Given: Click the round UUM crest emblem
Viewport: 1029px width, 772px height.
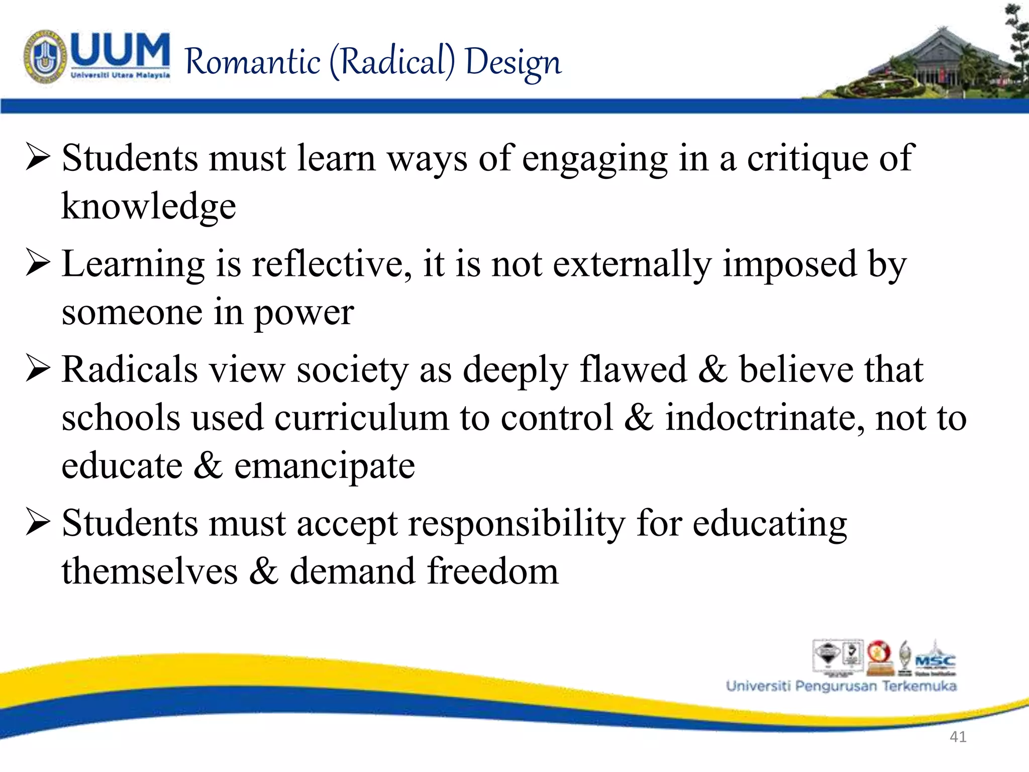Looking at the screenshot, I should [x=45, y=56].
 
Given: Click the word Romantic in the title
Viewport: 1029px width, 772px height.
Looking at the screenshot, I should [x=253, y=62].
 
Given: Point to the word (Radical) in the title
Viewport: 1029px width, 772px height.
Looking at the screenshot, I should [x=392, y=62].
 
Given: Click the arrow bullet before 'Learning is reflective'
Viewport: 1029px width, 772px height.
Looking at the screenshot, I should [x=38, y=263].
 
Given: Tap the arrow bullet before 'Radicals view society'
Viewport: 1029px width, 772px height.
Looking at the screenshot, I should [x=38, y=369].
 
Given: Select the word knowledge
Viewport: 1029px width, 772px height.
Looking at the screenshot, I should [x=149, y=206].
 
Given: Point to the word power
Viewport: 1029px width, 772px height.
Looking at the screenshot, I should [x=303, y=313].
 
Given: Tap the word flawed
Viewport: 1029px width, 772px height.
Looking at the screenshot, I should [x=633, y=369].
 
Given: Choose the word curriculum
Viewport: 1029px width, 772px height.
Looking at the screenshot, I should [x=361, y=418].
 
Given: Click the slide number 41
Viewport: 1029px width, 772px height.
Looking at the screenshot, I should [x=958, y=737].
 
